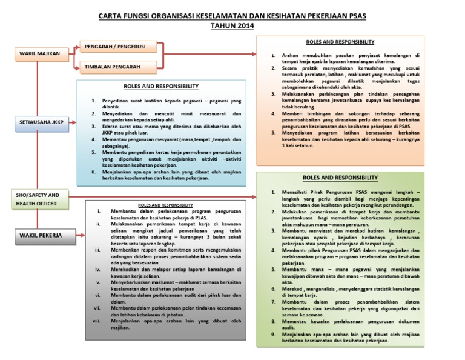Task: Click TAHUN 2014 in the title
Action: click(232, 26)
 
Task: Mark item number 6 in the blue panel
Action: click(93, 172)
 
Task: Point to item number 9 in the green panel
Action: click(274, 334)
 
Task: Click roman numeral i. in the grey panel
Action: click(98, 211)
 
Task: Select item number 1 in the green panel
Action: click(274, 192)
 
